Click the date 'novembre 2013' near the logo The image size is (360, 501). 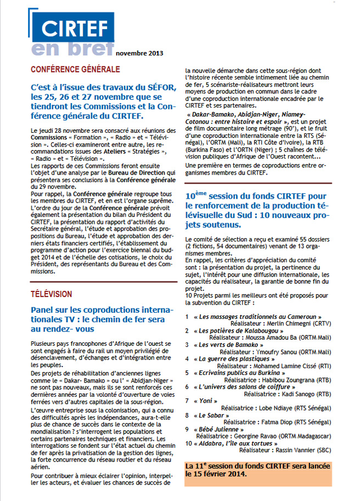[139, 53]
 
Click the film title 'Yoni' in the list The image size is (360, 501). [206, 401]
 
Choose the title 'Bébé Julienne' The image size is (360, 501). [217, 429]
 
